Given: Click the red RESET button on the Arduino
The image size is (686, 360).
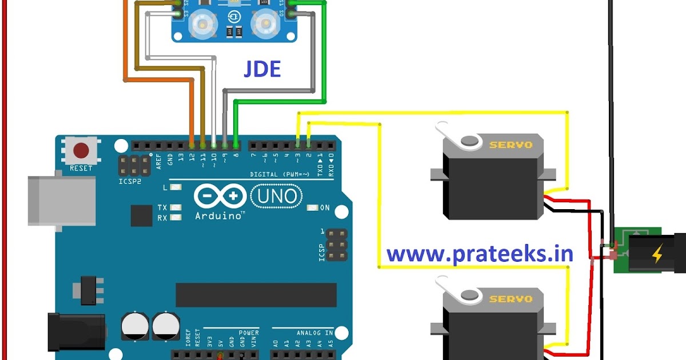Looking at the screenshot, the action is [x=81, y=151].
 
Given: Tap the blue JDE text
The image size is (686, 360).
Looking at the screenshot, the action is [x=262, y=69].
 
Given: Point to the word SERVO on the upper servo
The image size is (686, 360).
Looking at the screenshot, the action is [x=510, y=145].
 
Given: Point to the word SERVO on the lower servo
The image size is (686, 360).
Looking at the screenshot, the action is [x=510, y=299].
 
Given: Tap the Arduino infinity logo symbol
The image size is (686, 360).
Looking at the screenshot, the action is [x=218, y=197].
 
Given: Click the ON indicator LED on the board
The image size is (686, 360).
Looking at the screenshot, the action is [x=312, y=208].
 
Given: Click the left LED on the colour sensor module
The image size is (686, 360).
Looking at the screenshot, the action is [x=202, y=22].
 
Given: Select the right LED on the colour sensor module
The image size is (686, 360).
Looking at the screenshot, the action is [x=265, y=22].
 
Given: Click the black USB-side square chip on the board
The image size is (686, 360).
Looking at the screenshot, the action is [x=141, y=215].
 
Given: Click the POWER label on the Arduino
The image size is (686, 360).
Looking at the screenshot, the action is [x=249, y=333].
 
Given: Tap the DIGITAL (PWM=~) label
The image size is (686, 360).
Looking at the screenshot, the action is [x=280, y=174].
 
